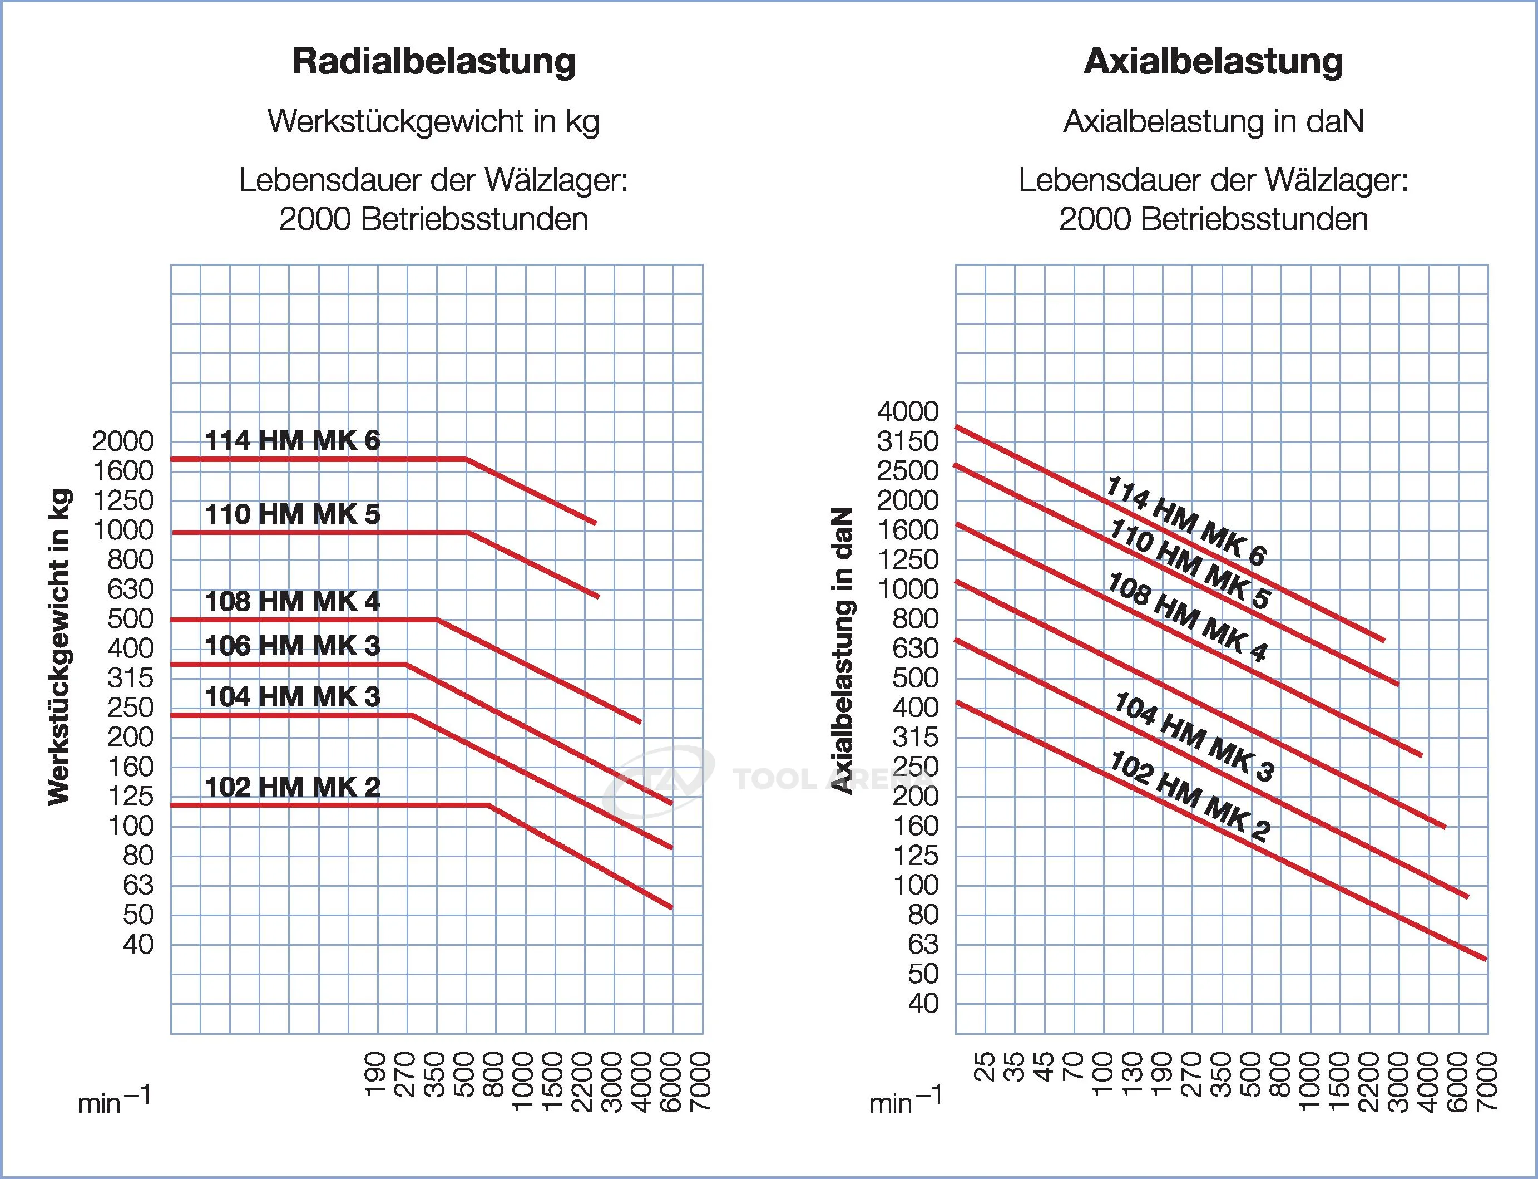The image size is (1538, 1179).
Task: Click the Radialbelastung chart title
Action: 433,62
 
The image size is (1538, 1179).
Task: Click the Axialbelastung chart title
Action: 1213,62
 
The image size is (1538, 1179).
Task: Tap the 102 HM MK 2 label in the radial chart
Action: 292,787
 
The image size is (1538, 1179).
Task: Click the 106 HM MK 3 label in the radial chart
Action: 292,646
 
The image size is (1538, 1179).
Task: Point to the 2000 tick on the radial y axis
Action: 123,441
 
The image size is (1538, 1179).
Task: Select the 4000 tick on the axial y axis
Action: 908,412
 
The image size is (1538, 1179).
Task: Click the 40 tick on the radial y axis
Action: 138,945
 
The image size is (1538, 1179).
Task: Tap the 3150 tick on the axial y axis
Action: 908,441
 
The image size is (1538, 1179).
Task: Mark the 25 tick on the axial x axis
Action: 985,1066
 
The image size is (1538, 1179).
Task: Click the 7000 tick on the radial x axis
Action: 701,1082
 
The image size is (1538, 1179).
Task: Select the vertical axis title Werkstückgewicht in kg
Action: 60,646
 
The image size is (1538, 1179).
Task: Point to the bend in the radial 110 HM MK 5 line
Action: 467,533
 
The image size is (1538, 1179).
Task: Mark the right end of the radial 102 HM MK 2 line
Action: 672,907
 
